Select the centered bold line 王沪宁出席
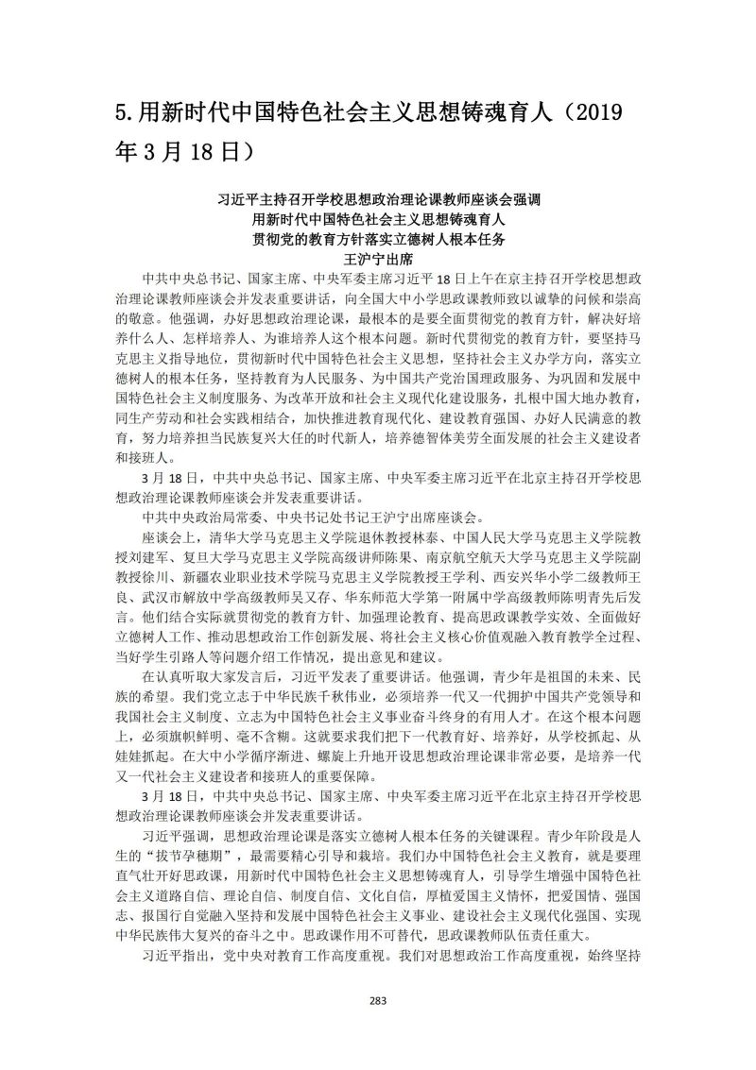click(x=378, y=256)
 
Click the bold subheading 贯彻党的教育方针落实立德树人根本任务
click(x=378, y=237)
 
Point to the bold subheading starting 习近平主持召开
click(x=378, y=200)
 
